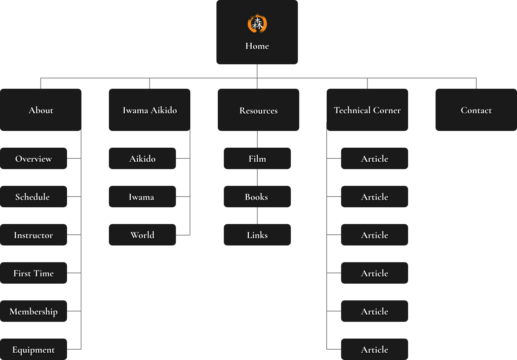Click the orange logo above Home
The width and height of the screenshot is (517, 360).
coord(257,24)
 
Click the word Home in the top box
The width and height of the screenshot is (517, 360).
coord(257,46)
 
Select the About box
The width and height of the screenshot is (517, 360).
coord(41,110)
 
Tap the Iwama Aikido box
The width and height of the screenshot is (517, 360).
coord(149,110)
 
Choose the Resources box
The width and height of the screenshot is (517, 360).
coord(258,110)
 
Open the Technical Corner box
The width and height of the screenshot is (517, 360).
coord(367,110)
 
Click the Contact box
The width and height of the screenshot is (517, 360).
coord(476,110)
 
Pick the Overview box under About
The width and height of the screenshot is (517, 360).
coord(34,158)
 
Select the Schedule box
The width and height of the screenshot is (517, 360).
coord(34,197)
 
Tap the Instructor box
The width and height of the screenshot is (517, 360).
coord(34,235)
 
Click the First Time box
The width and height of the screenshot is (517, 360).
coord(34,273)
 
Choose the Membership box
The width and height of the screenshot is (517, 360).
coord(34,311)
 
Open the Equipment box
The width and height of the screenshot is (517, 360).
coord(34,349)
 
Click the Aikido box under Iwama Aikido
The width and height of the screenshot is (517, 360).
coord(142,158)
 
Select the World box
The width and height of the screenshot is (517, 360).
coord(142,235)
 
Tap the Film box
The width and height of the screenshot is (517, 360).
coord(257,158)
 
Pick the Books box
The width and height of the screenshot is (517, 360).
coord(257,197)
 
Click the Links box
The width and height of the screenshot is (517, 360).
coord(257,235)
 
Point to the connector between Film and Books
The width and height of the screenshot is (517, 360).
coord(257,177)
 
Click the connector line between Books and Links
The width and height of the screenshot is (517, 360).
coord(257,216)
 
